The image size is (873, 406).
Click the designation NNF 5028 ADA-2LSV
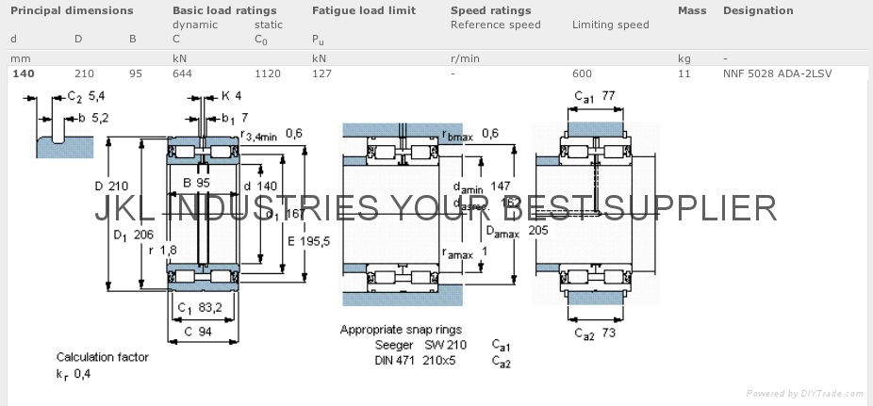(778, 73)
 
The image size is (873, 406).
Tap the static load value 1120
(268, 73)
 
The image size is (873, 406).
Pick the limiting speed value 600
(582, 73)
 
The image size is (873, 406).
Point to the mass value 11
(684, 73)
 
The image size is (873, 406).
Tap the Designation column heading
(757, 10)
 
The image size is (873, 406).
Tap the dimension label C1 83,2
(199, 307)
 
